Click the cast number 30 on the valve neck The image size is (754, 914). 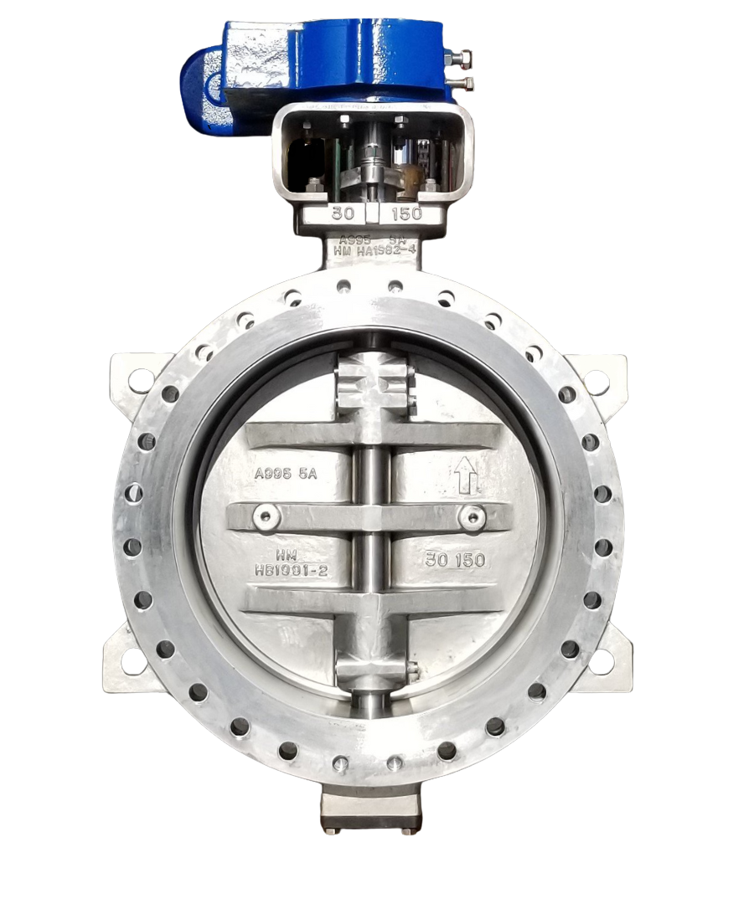(341, 213)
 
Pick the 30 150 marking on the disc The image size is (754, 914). (455, 560)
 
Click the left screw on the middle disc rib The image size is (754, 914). (266, 516)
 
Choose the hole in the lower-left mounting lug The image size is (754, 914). (132, 660)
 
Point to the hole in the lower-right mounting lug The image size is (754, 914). (602, 662)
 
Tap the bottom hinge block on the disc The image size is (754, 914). (373, 670)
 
